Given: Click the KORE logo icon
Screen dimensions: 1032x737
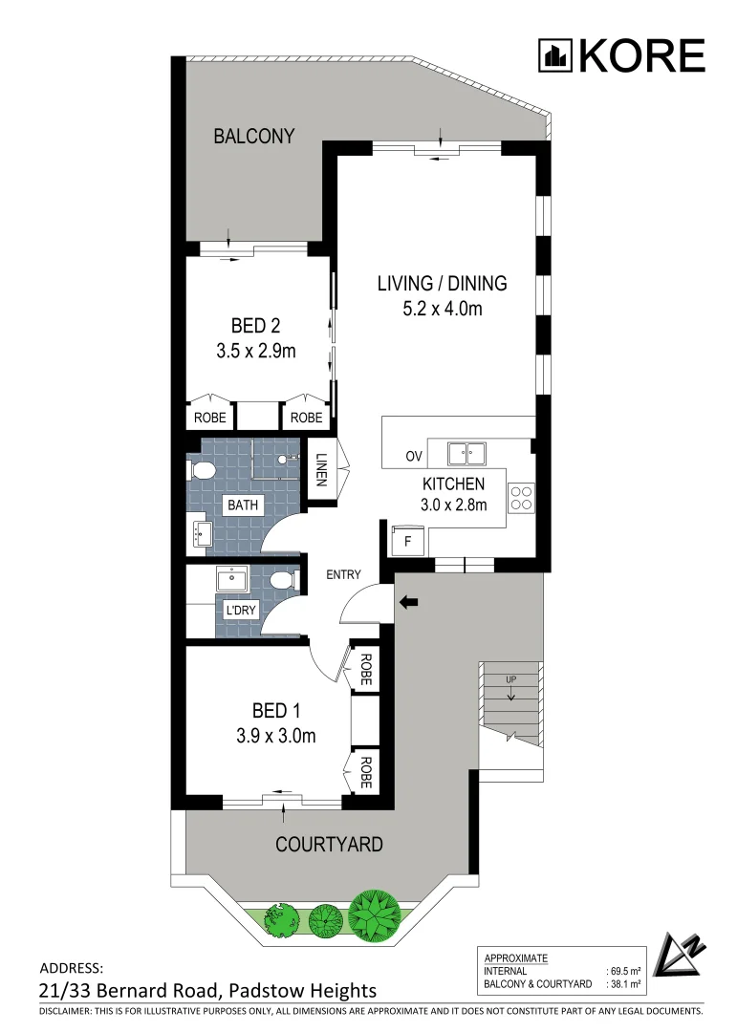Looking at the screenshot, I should click(x=554, y=55).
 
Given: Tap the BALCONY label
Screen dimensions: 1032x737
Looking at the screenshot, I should click(x=253, y=137).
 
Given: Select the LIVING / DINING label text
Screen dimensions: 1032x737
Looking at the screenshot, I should click(x=442, y=284).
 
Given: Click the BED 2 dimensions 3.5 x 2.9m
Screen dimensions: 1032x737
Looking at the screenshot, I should click(x=256, y=351).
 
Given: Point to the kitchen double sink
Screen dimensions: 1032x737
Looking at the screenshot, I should click(x=465, y=452).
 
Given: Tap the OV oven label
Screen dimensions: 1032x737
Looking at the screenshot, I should click(x=414, y=456).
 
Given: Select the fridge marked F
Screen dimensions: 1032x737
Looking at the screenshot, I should click(x=407, y=540).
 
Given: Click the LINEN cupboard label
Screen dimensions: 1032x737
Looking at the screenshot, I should click(x=321, y=468).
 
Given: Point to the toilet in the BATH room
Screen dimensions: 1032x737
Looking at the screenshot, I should click(x=201, y=470).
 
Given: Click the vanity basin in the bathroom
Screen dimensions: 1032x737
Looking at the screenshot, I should click(x=203, y=533).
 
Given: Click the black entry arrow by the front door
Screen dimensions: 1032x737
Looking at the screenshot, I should click(x=409, y=602).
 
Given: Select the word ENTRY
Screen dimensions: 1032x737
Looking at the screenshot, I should click(x=344, y=574).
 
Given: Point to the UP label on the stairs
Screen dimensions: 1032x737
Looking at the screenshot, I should click(x=511, y=679).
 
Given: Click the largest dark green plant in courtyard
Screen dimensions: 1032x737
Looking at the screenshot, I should click(x=371, y=913).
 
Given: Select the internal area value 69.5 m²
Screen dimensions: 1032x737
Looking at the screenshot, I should click(x=622, y=970).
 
